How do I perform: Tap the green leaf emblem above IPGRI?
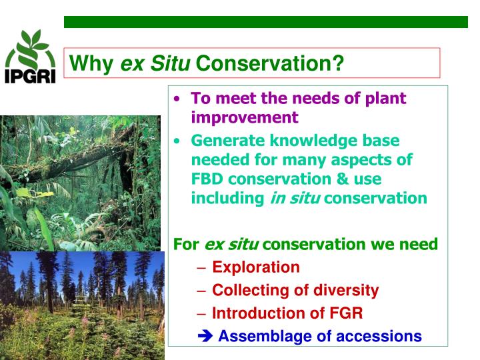(31, 48)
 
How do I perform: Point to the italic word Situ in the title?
(171, 64)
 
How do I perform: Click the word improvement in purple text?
(245, 117)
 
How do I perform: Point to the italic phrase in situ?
(295, 199)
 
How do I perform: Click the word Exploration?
(256, 267)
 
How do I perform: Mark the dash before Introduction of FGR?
(202, 313)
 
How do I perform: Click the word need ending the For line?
(419, 245)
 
